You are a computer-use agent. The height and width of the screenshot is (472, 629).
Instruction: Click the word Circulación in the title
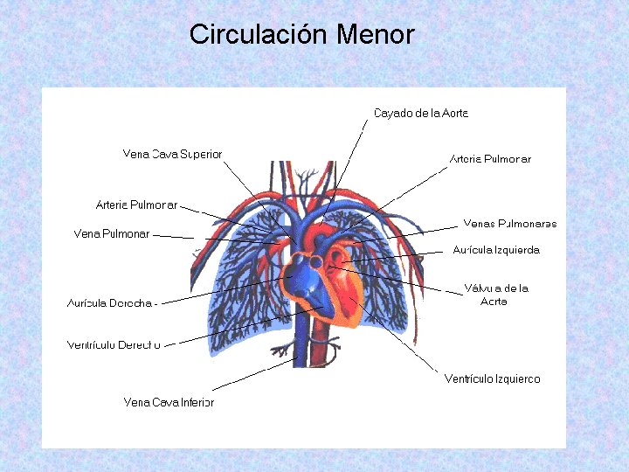click(x=259, y=35)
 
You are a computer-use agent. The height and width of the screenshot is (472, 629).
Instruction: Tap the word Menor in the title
click(x=375, y=35)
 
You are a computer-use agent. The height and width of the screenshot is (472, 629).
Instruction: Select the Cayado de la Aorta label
click(x=421, y=113)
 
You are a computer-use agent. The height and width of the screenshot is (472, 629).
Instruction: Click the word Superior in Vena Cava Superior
click(x=200, y=154)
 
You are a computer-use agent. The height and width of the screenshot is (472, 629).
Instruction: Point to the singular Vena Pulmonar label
click(x=112, y=233)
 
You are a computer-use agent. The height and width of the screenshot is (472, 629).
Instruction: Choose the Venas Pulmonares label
click(x=509, y=224)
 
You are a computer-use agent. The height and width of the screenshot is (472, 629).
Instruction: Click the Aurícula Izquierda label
click(x=495, y=250)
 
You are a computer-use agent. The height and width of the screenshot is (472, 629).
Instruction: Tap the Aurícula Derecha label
click(x=110, y=303)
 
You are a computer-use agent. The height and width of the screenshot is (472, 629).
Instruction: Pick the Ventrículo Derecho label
click(x=114, y=345)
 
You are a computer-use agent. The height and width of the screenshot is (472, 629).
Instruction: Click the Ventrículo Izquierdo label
click(x=492, y=379)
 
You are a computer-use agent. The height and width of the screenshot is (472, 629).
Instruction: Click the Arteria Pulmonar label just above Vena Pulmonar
click(x=136, y=205)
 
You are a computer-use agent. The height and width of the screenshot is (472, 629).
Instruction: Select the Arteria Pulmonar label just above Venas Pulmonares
click(x=490, y=159)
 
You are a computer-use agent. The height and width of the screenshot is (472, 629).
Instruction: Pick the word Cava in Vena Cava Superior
click(x=164, y=154)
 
